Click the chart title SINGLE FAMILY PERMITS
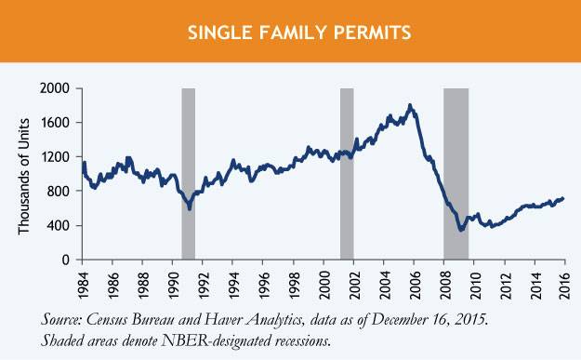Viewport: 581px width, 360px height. [x=290, y=33]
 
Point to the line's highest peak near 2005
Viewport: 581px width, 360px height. [x=410, y=106]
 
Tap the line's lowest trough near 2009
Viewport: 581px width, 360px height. [x=460, y=229]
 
